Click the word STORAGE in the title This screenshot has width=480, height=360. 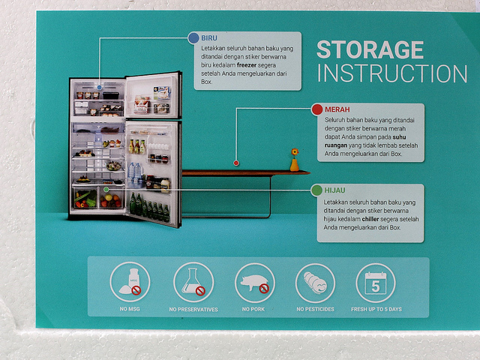pyautogui.click(x=370, y=49)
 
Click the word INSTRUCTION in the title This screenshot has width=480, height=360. pyautogui.click(x=392, y=73)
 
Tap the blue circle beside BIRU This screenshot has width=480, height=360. pyautogui.click(x=193, y=38)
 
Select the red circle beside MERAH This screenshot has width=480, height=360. pyautogui.click(x=317, y=109)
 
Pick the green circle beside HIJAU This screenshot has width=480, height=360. pyautogui.click(x=316, y=190)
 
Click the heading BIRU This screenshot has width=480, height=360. pyautogui.click(x=209, y=38)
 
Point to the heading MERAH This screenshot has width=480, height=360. pyautogui.click(x=337, y=109)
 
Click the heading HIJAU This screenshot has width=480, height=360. pyautogui.click(x=335, y=190)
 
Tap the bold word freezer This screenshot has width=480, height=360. pyautogui.click(x=247, y=65)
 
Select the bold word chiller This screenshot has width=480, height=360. pyautogui.click(x=370, y=219)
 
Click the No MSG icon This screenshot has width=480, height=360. pyautogui.click(x=130, y=282)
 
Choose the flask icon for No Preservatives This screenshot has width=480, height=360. pyautogui.click(x=193, y=282)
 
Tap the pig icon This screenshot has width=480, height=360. pyautogui.click(x=255, y=283)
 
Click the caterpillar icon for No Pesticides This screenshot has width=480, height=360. pyautogui.click(x=315, y=283)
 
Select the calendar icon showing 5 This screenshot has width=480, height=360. pyautogui.click(x=376, y=283)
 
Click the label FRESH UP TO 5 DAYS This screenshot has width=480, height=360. pyautogui.click(x=376, y=309)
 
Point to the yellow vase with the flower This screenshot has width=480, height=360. pyautogui.click(x=295, y=160)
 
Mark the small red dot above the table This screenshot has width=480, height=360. pyautogui.click(x=236, y=163)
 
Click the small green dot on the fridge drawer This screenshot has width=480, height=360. pyautogui.click(x=106, y=190)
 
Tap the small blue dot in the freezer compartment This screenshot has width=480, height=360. pyautogui.click(x=99, y=88)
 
